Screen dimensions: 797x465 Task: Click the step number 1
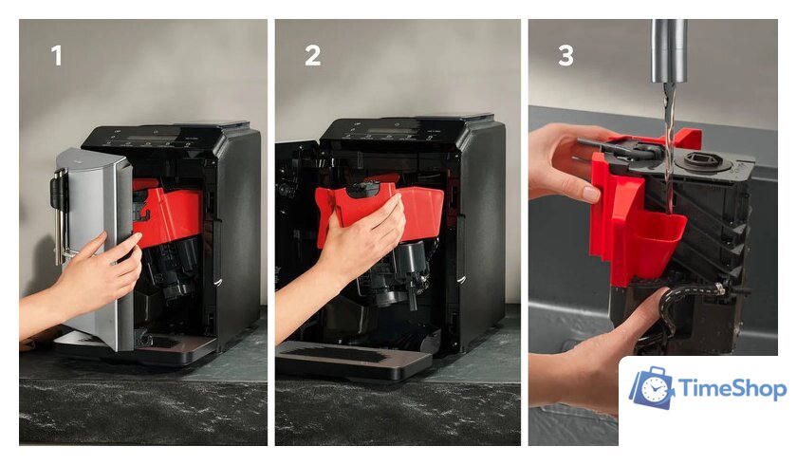tap(56, 55)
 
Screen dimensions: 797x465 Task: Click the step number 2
tap(312, 55)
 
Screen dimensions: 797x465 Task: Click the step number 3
tap(565, 55)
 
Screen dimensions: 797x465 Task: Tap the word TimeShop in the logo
tap(732, 389)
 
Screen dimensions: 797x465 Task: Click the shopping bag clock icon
tap(652, 387)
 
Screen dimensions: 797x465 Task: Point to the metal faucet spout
tap(670, 51)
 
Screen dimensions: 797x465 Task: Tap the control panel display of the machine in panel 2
tap(388, 131)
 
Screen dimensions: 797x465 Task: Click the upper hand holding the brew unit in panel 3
tap(569, 162)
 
